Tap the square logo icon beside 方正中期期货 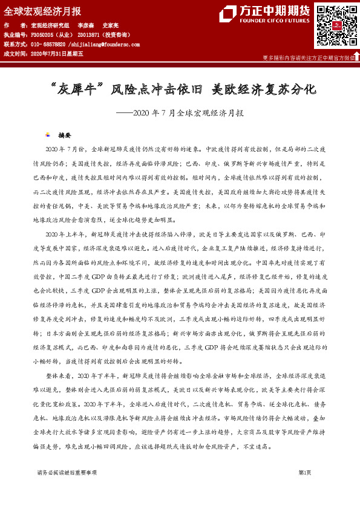click(227, 14)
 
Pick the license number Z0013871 click(90, 36)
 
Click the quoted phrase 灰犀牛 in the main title click(77, 89)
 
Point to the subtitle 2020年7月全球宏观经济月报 click(188, 112)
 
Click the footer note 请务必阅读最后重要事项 click(67, 472)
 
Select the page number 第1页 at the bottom click(305, 472)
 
